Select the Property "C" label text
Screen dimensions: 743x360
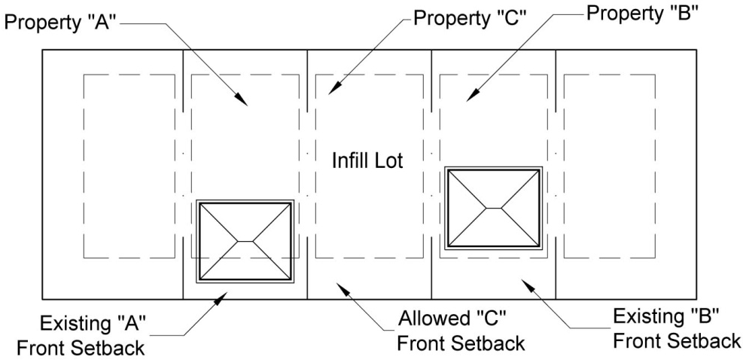tap(467, 18)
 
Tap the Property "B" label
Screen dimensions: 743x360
tap(643, 14)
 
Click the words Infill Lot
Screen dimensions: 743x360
tap(367, 160)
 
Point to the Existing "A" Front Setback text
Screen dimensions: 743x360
tap(81, 337)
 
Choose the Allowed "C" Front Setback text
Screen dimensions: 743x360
tap(461, 331)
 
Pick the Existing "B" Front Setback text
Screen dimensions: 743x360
tap(677, 328)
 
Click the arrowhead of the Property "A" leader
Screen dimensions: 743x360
tap(241, 99)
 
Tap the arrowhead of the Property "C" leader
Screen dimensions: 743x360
tap(334, 88)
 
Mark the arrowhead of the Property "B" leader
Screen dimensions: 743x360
tap(473, 95)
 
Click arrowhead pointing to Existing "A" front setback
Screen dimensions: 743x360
tap(221, 298)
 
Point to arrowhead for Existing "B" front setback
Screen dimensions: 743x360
tap(528, 285)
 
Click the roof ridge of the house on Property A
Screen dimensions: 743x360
tap(245, 242)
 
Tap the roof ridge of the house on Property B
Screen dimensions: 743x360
tap(494, 208)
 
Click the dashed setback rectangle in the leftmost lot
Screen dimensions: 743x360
tap(84, 166)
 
